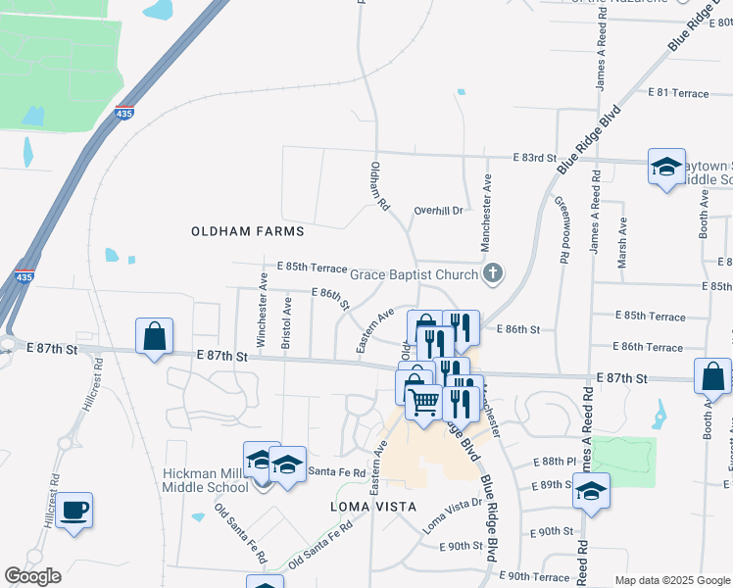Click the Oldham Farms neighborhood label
(x=247, y=231)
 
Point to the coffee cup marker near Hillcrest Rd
(x=74, y=510)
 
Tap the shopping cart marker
(x=422, y=400)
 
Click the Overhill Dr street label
(x=437, y=210)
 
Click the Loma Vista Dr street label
(x=453, y=514)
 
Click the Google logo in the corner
(x=32, y=576)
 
